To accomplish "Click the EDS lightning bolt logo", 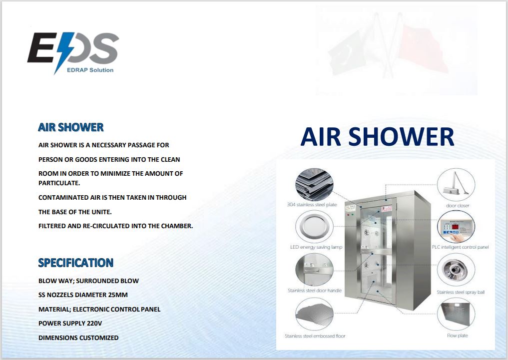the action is tap(73, 52).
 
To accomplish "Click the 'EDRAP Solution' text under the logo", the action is tap(90, 70).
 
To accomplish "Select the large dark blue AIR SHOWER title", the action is tap(377, 137).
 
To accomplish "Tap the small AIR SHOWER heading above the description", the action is tap(70, 127).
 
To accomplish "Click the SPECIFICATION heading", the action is tap(76, 263).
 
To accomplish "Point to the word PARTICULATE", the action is tap(59, 183).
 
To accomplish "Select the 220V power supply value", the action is tap(94, 324).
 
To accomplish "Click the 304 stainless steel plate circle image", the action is tap(314, 185).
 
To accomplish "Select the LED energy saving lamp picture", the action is tap(314, 227).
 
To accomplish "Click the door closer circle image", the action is tap(456, 185).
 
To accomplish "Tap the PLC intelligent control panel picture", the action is tap(456, 227).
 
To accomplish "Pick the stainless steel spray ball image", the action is tap(456, 270).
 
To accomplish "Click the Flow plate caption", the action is tap(458, 336).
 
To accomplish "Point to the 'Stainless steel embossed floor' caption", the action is tap(315, 336).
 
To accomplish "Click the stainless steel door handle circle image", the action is tap(314, 270).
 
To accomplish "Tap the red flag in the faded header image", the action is tap(421, 48).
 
